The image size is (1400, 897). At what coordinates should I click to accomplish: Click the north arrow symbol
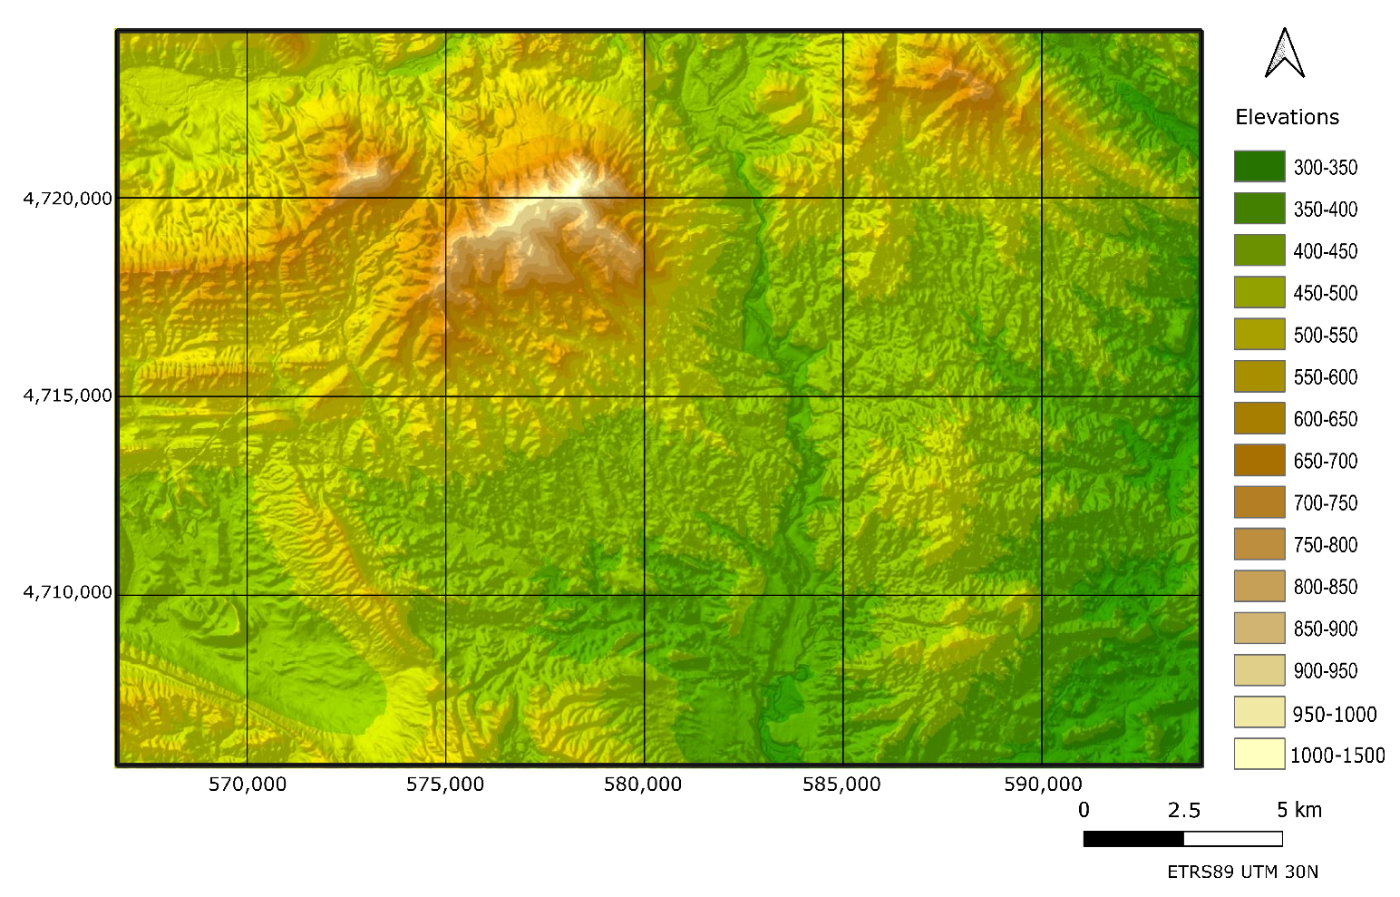tap(1284, 54)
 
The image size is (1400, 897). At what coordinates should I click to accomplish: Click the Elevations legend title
tap(1287, 117)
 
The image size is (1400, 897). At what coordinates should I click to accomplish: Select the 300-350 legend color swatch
tap(1259, 167)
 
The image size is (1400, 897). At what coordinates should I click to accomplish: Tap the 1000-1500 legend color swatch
tap(1259, 755)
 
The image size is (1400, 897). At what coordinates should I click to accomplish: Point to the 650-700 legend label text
tap(1325, 462)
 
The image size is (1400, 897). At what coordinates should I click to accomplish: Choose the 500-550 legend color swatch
tap(1259, 335)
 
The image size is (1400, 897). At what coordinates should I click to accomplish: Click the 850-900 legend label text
tap(1325, 629)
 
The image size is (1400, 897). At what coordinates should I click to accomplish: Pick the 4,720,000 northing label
tap(68, 198)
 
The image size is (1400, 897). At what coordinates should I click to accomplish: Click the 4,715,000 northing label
tap(68, 395)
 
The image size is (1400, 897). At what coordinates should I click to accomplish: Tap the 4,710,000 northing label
tap(68, 592)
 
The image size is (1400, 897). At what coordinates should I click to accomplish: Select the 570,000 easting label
tap(247, 785)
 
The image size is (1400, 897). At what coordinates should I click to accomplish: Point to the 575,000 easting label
tap(445, 785)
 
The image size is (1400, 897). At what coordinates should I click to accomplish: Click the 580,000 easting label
tap(643, 785)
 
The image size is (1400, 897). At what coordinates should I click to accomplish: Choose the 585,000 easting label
tap(841, 785)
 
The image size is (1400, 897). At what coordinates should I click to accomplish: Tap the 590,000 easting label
tap(1043, 785)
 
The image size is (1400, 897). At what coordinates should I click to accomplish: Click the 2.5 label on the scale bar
tap(1183, 810)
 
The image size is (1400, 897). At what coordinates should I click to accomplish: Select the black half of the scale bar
tap(1133, 839)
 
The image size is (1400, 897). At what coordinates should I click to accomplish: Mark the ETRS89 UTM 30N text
tap(1242, 873)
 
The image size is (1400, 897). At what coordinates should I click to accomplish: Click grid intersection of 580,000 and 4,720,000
tap(644, 198)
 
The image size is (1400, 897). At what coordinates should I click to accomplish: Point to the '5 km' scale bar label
tap(1298, 810)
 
